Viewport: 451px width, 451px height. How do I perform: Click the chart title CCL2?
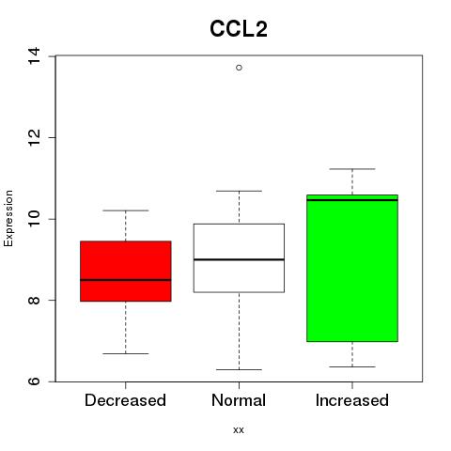(239, 29)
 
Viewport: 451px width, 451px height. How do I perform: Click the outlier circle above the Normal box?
(239, 68)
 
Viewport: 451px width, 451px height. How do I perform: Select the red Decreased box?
(126, 272)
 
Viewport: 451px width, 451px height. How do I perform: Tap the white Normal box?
(239, 258)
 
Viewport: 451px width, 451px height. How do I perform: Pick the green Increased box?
(352, 268)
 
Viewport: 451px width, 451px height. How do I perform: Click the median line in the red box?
(126, 280)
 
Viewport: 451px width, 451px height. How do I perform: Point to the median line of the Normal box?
(239, 259)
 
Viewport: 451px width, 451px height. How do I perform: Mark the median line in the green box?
(352, 200)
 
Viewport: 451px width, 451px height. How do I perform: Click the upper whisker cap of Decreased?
(126, 210)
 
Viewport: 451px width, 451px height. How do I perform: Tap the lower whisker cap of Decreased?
(126, 353)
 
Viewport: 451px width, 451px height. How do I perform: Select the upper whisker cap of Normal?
(239, 191)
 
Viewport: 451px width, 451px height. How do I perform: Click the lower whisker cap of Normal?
(239, 369)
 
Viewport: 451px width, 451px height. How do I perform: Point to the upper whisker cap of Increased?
(352, 169)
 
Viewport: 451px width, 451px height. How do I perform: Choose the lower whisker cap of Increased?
(352, 366)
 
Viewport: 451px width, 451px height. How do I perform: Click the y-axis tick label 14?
(34, 55)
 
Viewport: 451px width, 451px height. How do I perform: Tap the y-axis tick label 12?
(34, 137)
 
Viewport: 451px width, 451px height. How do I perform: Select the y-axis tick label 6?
(34, 381)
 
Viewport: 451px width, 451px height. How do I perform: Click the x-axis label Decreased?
(125, 400)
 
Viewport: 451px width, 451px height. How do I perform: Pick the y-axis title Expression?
(8, 218)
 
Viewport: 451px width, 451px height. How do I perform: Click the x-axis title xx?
(239, 430)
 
